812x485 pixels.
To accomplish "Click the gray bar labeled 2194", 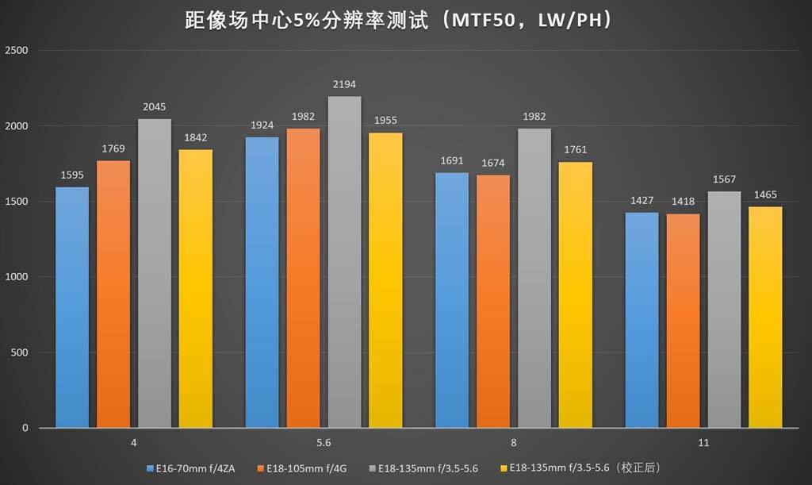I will (344, 262).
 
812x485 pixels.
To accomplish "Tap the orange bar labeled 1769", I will (113, 294).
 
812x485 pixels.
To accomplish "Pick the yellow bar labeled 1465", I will (766, 318).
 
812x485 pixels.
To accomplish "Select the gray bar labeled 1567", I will (725, 310).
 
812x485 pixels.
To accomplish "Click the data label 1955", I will (385, 121).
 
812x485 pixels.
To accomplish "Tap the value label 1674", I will (493, 164).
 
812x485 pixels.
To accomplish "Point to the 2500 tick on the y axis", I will (17, 51).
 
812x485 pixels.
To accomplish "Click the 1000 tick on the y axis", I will (17, 277).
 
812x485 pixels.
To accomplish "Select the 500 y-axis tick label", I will (21, 352).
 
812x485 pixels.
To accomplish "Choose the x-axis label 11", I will (703, 443).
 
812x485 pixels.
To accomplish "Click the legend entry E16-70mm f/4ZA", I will (195, 468).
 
